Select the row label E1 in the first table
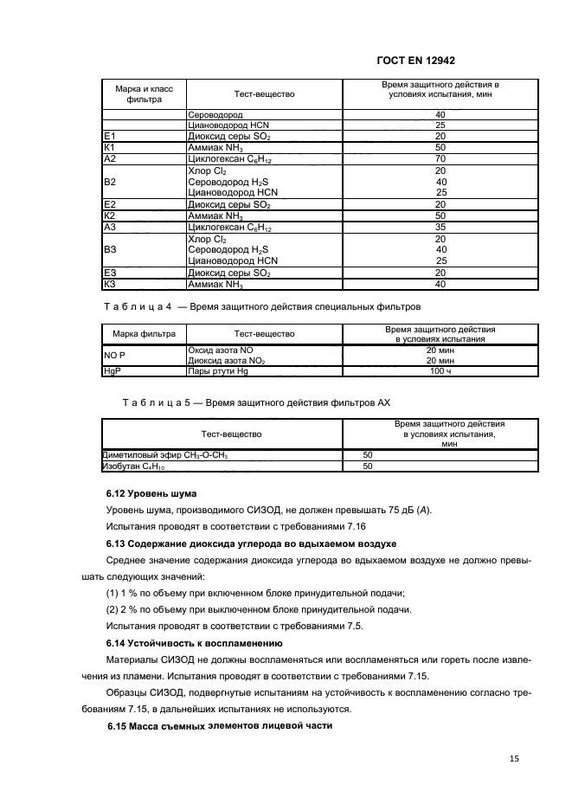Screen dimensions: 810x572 pyautogui.click(x=109, y=137)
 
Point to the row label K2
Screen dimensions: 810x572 pyautogui.click(x=109, y=215)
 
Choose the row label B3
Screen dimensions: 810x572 pyautogui.click(x=110, y=250)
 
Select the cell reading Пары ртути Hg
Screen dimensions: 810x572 pyautogui.click(x=219, y=371)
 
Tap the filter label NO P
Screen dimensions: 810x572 pyautogui.click(x=115, y=355)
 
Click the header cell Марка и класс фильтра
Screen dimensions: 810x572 pyautogui.click(x=144, y=93)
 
